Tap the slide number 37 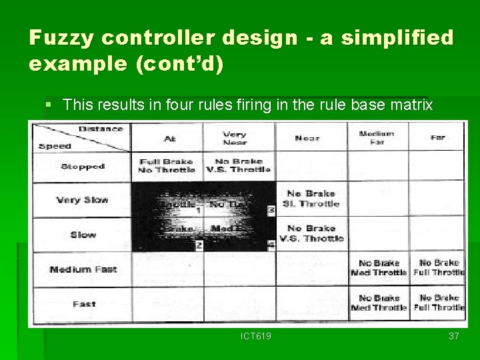(453, 336)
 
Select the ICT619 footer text (256, 336)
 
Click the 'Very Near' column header (234, 138)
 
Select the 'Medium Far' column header (376, 137)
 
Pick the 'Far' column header (437, 137)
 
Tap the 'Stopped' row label (83, 166)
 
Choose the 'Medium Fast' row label (83, 269)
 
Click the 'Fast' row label (84, 304)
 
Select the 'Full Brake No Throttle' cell (167, 165)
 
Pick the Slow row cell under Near (311, 233)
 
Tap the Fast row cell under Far (439, 303)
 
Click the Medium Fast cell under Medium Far (378, 268)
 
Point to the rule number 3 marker (270, 210)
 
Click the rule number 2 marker (198, 245)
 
